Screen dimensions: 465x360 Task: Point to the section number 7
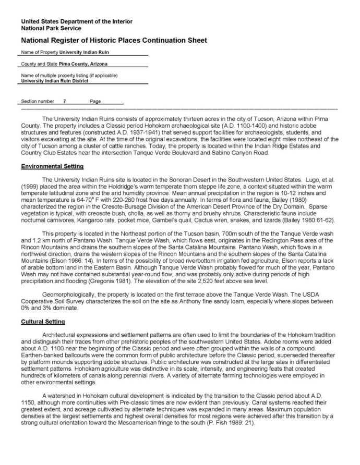(64, 101)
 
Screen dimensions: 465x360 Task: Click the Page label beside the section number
(95, 101)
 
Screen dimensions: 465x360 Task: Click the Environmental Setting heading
(52, 166)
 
